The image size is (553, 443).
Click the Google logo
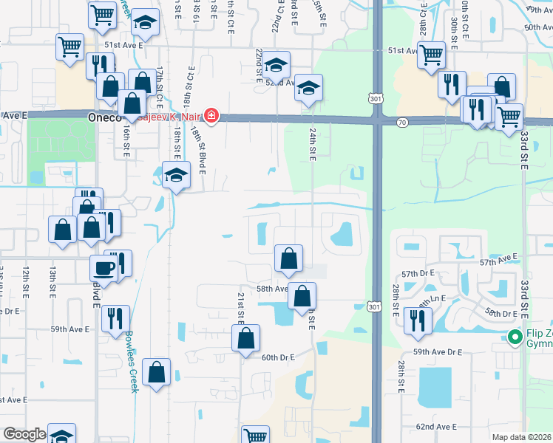pos(24,435)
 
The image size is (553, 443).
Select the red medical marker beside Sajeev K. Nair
pos(211,115)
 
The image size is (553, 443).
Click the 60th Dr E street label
pos(277,357)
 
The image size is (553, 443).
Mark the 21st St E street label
pos(241,306)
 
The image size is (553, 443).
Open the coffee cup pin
pos(103,267)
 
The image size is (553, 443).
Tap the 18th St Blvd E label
pos(201,148)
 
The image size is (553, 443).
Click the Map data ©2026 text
pos(521,437)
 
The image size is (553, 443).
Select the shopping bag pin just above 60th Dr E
pos(246,338)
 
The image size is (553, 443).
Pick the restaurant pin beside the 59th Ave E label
pos(115,318)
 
